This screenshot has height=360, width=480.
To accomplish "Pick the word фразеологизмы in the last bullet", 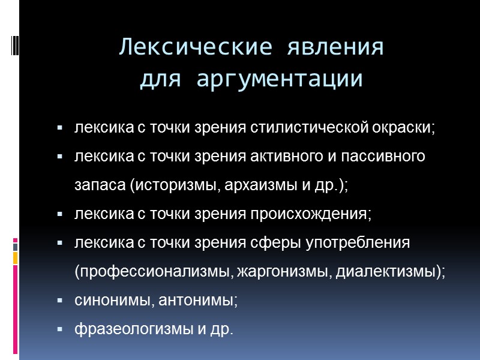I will (x=133, y=329).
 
